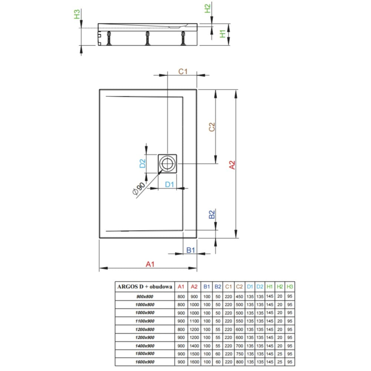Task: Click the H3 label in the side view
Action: point(77,14)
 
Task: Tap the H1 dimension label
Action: point(223,34)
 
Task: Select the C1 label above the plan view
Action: point(183,72)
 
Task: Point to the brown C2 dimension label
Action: point(212,127)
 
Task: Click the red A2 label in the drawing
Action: point(232,165)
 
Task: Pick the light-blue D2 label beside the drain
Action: point(142,164)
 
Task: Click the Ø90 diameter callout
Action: point(139,189)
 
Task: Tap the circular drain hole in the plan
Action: point(168,164)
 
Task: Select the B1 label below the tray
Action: point(191,250)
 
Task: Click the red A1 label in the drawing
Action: point(150,264)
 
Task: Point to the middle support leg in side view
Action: point(147,38)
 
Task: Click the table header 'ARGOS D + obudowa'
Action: point(145,287)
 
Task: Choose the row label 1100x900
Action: point(145,321)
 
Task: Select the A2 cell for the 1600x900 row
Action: point(194,362)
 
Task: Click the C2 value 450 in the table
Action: point(239,296)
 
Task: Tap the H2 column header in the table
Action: point(280,287)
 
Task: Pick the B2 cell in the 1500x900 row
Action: point(218,354)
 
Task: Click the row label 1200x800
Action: point(145,329)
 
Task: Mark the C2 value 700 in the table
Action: point(239,346)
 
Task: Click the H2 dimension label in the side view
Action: point(207,9)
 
